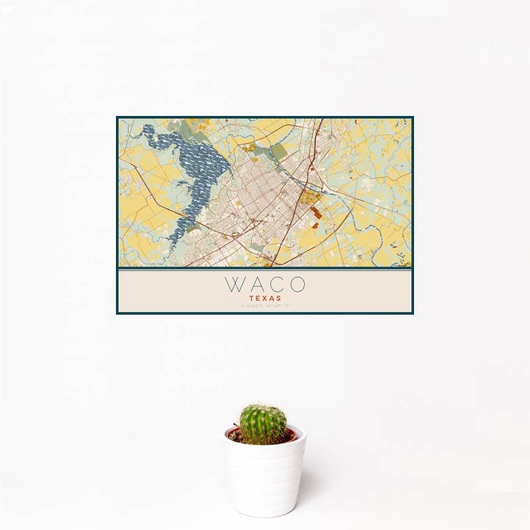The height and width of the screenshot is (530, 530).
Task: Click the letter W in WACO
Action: click(235, 284)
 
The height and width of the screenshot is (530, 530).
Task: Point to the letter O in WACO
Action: click(297, 284)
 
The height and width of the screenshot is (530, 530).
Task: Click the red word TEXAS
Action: click(265, 299)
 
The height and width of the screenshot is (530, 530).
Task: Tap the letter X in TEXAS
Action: click(265, 299)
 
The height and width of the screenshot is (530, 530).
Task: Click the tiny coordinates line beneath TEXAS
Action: click(265, 307)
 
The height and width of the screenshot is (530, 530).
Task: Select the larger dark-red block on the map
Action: click(317, 213)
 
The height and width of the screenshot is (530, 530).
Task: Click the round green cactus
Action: click(263, 425)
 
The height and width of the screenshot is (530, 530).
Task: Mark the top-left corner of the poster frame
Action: click(117, 118)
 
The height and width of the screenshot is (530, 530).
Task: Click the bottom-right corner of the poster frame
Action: click(412, 313)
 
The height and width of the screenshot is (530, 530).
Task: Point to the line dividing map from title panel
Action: click(265, 269)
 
